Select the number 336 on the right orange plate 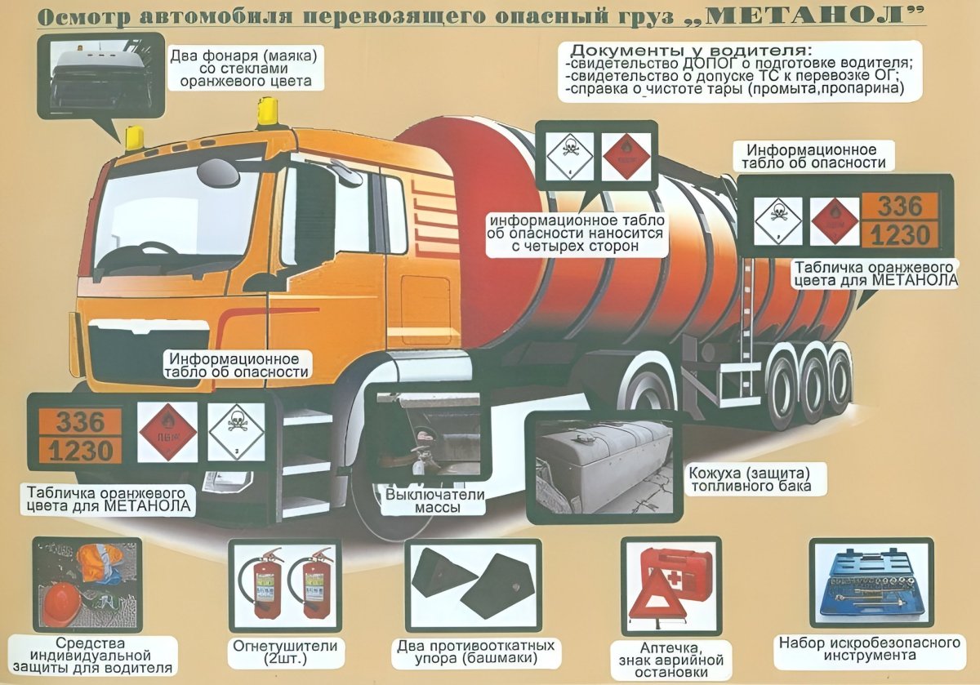tap(899, 206)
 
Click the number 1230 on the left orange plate tap(76, 450)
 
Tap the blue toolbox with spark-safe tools tap(871, 583)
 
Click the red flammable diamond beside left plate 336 tap(167, 432)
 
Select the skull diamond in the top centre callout tap(565, 152)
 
